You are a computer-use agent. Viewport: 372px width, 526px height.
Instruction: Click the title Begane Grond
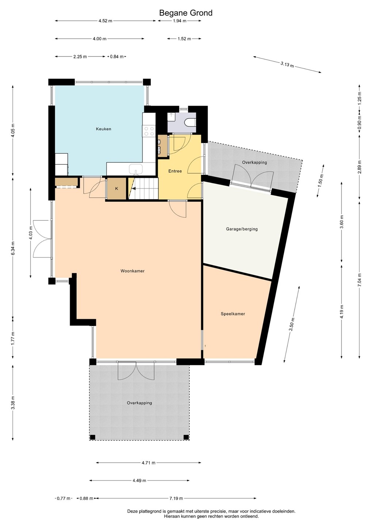pyautogui.click(x=186, y=13)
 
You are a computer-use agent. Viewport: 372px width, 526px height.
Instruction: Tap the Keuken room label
pyautogui.click(x=103, y=129)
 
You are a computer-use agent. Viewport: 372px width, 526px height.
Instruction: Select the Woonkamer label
pyautogui.click(x=132, y=271)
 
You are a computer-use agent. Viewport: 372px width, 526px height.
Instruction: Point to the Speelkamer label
pyautogui.click(x=233, y=314)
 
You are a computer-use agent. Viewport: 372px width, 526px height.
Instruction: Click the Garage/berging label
pyautogui.click(x=242, y=229)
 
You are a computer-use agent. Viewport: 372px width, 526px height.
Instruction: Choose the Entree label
pyautogui.click(x=175, y=171)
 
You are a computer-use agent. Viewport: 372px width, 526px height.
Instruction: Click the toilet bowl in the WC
pyautogui.click(x=190, y=122)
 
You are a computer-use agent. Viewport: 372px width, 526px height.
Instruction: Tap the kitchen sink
pyautogui.click(x=136, y=169)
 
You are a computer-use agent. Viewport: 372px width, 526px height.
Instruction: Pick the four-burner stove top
pyautogui.click(x=149, y=131)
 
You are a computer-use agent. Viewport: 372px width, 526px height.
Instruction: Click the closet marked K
pyautogui.click(x=117, y=188)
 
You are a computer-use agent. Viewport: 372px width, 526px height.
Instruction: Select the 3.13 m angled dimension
pyautogui.click(x=287, y=64)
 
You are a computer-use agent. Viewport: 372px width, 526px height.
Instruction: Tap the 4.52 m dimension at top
pyautogui.click(x=105, y=21)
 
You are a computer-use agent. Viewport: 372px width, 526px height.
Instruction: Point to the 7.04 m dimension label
pyautogui.click(x=360, y=279)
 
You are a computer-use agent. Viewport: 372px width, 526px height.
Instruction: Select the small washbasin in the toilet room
pyautogui.click(x=171, y=117)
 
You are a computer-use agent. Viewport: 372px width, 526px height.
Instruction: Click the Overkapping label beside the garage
pyautogui.click(x=255, y=162)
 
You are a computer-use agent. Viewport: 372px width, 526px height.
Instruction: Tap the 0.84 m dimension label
pyautogui.click(x=117, y=57)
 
